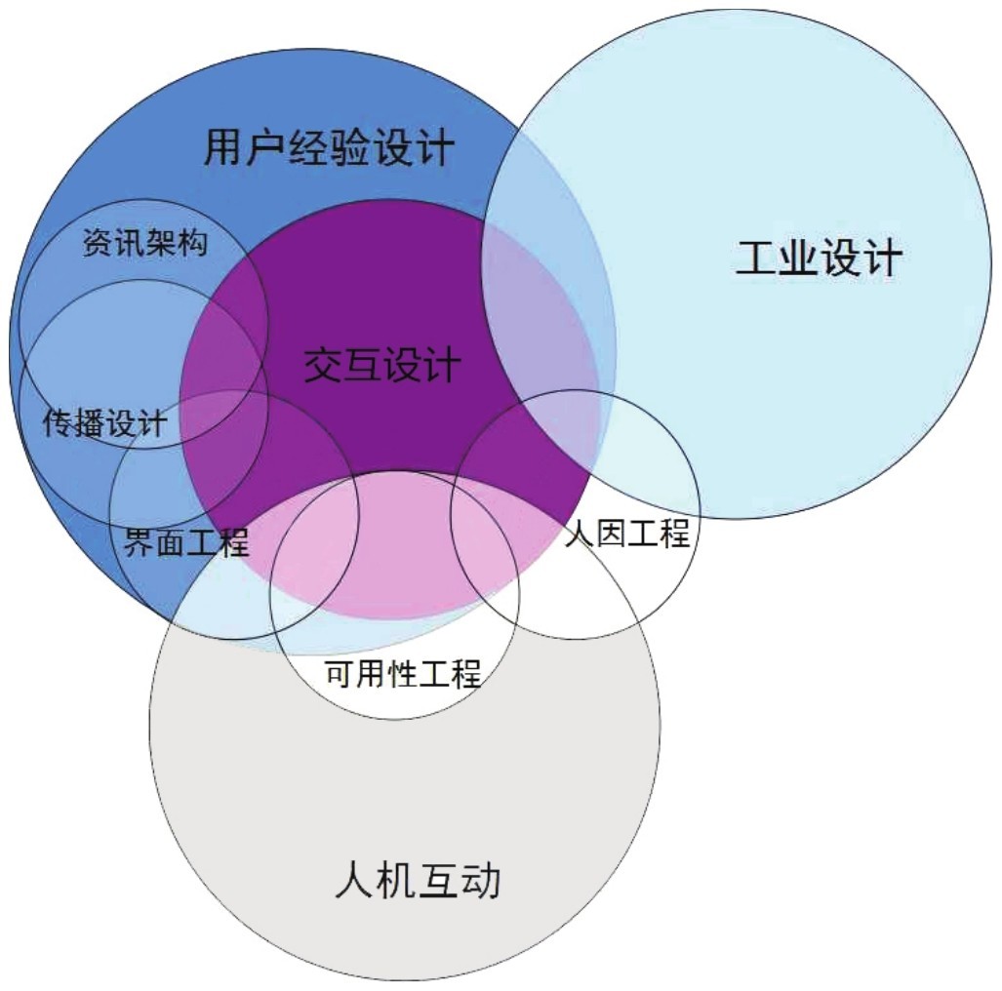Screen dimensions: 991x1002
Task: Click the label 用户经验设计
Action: (329, 149)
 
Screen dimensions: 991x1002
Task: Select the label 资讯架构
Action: (144, 243)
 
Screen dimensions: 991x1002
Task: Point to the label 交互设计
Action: (381, 367)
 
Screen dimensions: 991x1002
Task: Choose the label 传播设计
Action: (105, 423)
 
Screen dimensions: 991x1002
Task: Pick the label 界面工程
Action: (186, 541)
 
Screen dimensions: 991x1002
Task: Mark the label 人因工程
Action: (627, 534)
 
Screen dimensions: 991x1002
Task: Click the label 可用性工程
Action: (403, 674)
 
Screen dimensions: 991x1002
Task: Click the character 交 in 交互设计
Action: (321, 367)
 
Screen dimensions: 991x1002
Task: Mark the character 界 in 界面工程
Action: (140, 541)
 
